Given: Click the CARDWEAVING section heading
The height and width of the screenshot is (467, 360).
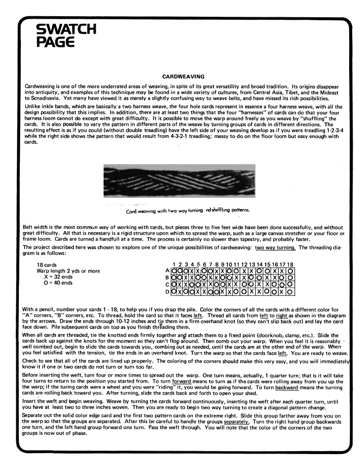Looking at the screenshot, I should tap(180, 76).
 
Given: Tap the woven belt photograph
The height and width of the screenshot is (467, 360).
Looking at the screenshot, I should tap(180, 182).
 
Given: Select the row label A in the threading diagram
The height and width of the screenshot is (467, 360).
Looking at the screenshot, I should tap(167, 271).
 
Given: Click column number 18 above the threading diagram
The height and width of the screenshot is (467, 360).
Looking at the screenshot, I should tap(290, 264).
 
